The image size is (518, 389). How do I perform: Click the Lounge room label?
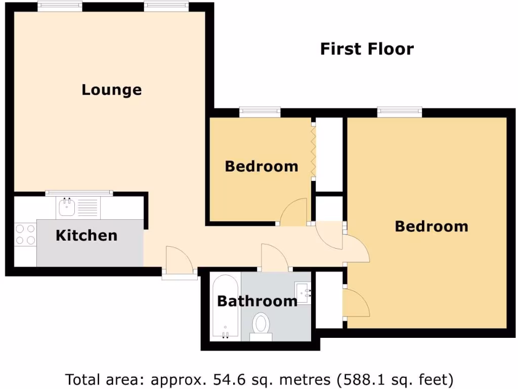[x=111, y=90]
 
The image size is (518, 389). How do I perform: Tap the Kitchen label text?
[x=87, y=236]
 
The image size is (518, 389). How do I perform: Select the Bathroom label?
[x=257, y=301]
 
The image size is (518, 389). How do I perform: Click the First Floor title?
[x=367, y=49]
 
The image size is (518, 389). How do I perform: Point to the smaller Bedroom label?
[x=262, y=166]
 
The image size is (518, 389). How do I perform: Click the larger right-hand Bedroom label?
[x=431, y=226]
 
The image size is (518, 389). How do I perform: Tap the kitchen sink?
[x=67, y=207]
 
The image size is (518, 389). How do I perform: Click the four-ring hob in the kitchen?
[x=25, y=235]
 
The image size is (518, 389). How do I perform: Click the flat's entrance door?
[x=179, y=261]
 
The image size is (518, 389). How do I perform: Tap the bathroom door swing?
[x=275, y=257]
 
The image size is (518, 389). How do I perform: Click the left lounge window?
[x=60, y=7]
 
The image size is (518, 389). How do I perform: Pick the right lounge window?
[x=166, y=7]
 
